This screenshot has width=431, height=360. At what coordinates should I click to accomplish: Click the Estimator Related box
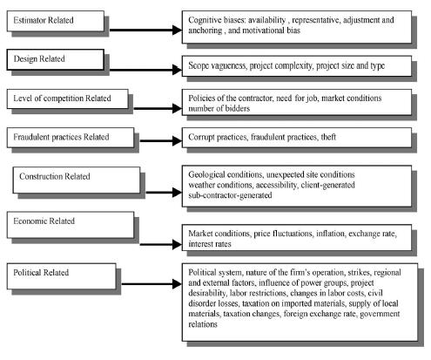click(x=56, y=21)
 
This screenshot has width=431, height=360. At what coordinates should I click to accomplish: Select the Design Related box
click(x=56, y=59)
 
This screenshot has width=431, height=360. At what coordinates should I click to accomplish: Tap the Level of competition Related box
click(x=67, y=99)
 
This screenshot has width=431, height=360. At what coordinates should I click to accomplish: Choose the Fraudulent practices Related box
click(x=71, y=138)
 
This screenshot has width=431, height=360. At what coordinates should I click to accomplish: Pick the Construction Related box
click(x=77, y=180)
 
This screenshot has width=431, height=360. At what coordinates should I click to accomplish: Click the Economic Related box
click(x=71, y=225)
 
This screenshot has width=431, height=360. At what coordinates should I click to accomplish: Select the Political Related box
click(x=61, y=276)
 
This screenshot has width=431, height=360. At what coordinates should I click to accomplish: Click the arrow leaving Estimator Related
click(x=145, y=30)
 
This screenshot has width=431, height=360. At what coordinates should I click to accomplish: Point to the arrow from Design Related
click(x=145, y=70)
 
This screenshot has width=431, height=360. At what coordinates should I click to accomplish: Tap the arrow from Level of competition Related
click(x=158, y=108)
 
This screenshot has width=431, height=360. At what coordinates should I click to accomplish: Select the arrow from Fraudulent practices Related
click(x=161, y=141)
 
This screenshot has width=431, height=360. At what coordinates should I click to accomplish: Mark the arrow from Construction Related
click(x=164, y=192)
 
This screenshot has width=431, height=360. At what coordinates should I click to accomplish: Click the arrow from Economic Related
click(x=161, y=244)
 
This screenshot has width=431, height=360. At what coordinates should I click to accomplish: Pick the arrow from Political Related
click(x=152, y=284)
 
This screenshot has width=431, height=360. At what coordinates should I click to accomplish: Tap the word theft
click(x=328, y=137)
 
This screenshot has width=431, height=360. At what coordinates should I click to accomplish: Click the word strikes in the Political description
click(x=359, y=272)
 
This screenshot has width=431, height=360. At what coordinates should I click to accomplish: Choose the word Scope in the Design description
click(x=199, y=66)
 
